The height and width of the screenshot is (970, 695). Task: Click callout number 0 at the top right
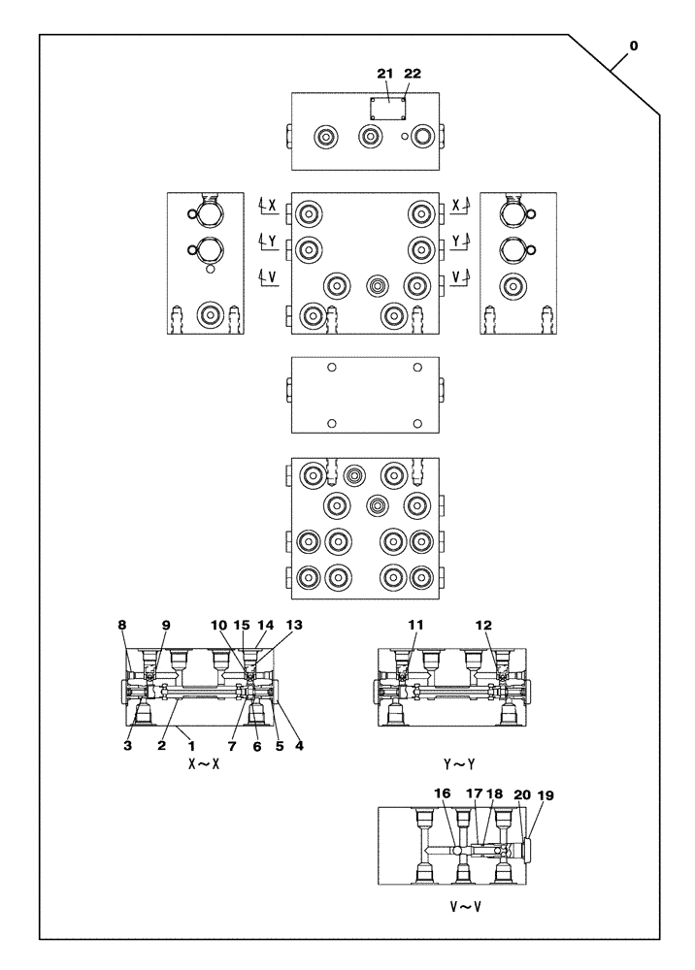tap(634, 46)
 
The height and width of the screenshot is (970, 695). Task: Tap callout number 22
tap(413, 74)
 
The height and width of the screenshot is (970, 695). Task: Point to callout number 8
tap(122, 626)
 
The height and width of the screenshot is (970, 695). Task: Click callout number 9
tap(166, 626)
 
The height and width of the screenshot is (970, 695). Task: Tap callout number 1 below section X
tap(191, 746)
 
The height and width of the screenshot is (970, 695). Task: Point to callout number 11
tap(414, 626)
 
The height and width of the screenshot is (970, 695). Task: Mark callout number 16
tap(443, 793)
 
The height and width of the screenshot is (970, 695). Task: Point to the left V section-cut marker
tap(268, 278)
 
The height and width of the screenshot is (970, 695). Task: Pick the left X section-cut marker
tap(268, 206)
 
